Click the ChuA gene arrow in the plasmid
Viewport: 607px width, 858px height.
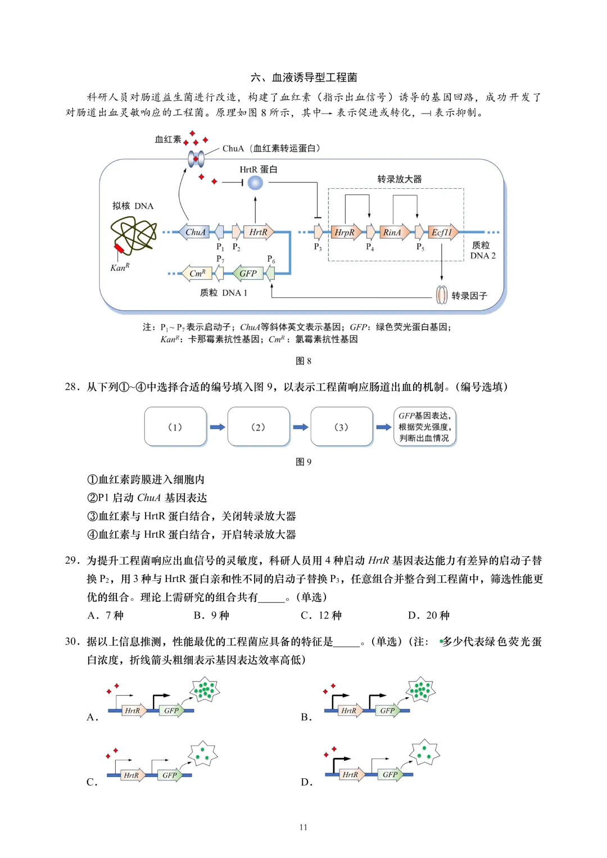[194, 232]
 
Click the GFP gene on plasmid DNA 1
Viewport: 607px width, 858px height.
[248, 274]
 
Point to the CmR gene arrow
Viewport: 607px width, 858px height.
[196, 274]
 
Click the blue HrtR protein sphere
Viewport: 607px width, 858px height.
[255, 183]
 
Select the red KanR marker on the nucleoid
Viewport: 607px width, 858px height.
[119, 249]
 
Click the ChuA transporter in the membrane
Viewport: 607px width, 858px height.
[196, 159]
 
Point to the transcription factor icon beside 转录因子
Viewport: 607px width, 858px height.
[442, 295]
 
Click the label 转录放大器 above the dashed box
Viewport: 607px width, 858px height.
[399, 179]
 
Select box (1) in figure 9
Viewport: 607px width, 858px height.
[175, 427]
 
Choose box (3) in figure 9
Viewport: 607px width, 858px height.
[341, 427]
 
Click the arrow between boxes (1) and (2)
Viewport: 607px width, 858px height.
[217, 427]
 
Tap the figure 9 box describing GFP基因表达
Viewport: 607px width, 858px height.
[425, 427]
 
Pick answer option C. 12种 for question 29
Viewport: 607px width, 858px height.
[321, 615]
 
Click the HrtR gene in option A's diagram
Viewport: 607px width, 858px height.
[133, 711]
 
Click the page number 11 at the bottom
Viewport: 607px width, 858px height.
[303, 827]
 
